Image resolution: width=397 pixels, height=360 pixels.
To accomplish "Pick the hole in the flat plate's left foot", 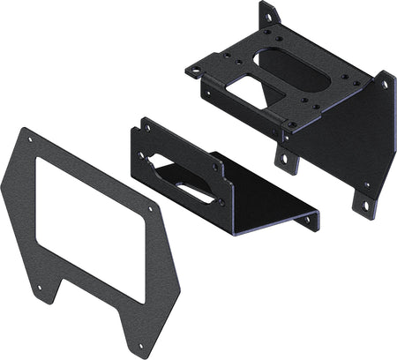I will [x=39, y=286].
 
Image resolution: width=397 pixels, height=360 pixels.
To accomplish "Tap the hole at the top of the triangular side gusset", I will [x=384, y=86].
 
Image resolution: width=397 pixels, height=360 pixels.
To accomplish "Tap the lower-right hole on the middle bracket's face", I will [x=221, y=202].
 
